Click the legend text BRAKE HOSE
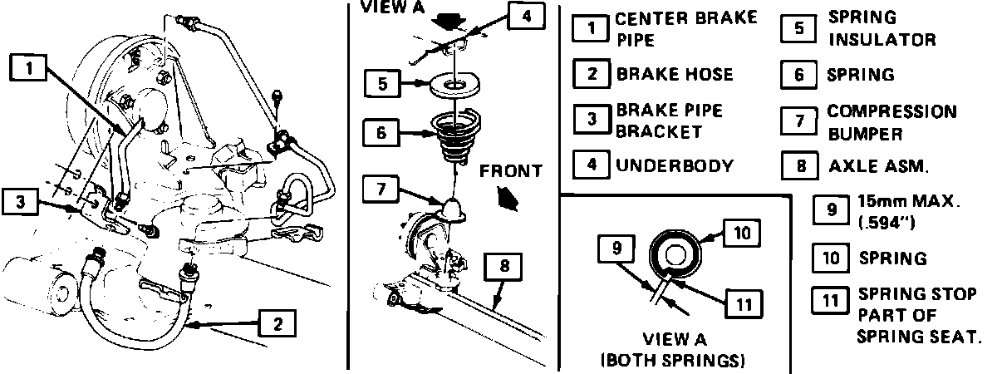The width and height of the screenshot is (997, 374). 674,74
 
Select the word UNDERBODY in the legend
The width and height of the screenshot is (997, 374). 674,165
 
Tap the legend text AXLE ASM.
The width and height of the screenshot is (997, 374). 878,165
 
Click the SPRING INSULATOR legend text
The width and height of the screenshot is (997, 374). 882,28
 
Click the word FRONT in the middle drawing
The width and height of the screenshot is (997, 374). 510,171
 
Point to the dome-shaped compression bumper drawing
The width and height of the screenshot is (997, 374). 454,209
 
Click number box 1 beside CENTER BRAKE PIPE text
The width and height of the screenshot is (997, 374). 591,28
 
